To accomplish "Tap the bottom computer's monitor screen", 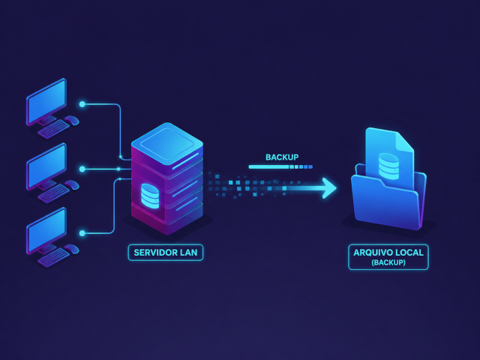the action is [x=46, y=229].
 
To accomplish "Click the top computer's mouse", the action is [x=72, y=120].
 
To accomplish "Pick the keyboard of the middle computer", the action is [x=54, y=193].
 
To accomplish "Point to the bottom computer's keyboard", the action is [x=54, y=257].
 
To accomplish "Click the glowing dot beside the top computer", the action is [x=82, y=104].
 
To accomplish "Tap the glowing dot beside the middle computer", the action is [x=82, y=169].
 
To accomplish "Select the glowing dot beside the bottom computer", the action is [x=82, y=233].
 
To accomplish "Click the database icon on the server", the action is [x=150, y=196].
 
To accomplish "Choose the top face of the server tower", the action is [x=167, y=142].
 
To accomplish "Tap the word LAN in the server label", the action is [x=188, y=253].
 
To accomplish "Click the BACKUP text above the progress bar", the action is [x=282, y=157].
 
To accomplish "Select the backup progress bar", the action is [x=280, y=166].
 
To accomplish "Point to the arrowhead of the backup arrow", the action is [x=330, y=188].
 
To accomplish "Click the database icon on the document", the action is [x=388, y=166].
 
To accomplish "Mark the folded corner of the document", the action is [x=405, y=141].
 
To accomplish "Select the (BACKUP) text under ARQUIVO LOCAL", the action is [x=388, y=262].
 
